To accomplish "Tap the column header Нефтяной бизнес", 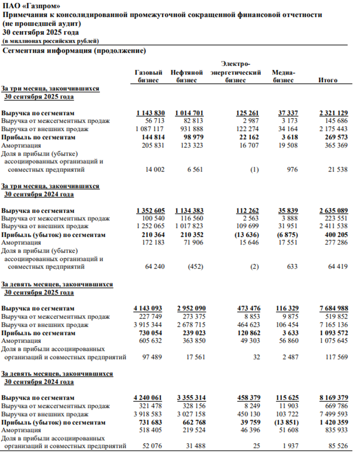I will pos(187,77).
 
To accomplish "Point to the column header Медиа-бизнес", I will pos(283,77).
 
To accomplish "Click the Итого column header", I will pos(328,80).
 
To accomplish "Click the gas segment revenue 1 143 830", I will pos(150,113).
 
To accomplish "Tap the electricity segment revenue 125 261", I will pos(247,113).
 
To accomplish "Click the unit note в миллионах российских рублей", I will pos(51,41).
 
